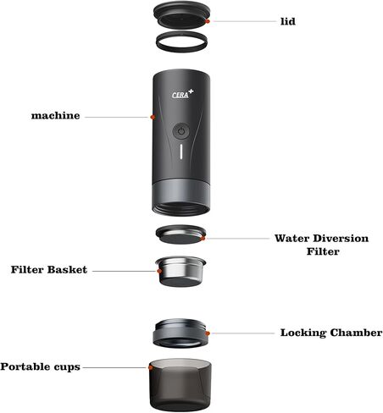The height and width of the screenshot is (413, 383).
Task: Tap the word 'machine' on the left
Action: point(56,115)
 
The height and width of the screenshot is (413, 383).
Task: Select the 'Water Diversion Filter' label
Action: point(321,245)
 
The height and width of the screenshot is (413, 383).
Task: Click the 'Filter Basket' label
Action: point(48,270)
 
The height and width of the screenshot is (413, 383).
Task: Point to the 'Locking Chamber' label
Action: point(331,333)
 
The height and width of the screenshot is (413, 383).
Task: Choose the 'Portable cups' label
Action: point(41,366)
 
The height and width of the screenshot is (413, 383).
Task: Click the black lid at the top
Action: point(181,14)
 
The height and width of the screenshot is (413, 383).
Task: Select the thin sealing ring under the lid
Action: point(181,40)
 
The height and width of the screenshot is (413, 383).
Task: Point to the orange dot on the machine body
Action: point(153,116)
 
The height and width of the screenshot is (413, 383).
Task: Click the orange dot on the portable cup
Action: point(150,368)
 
